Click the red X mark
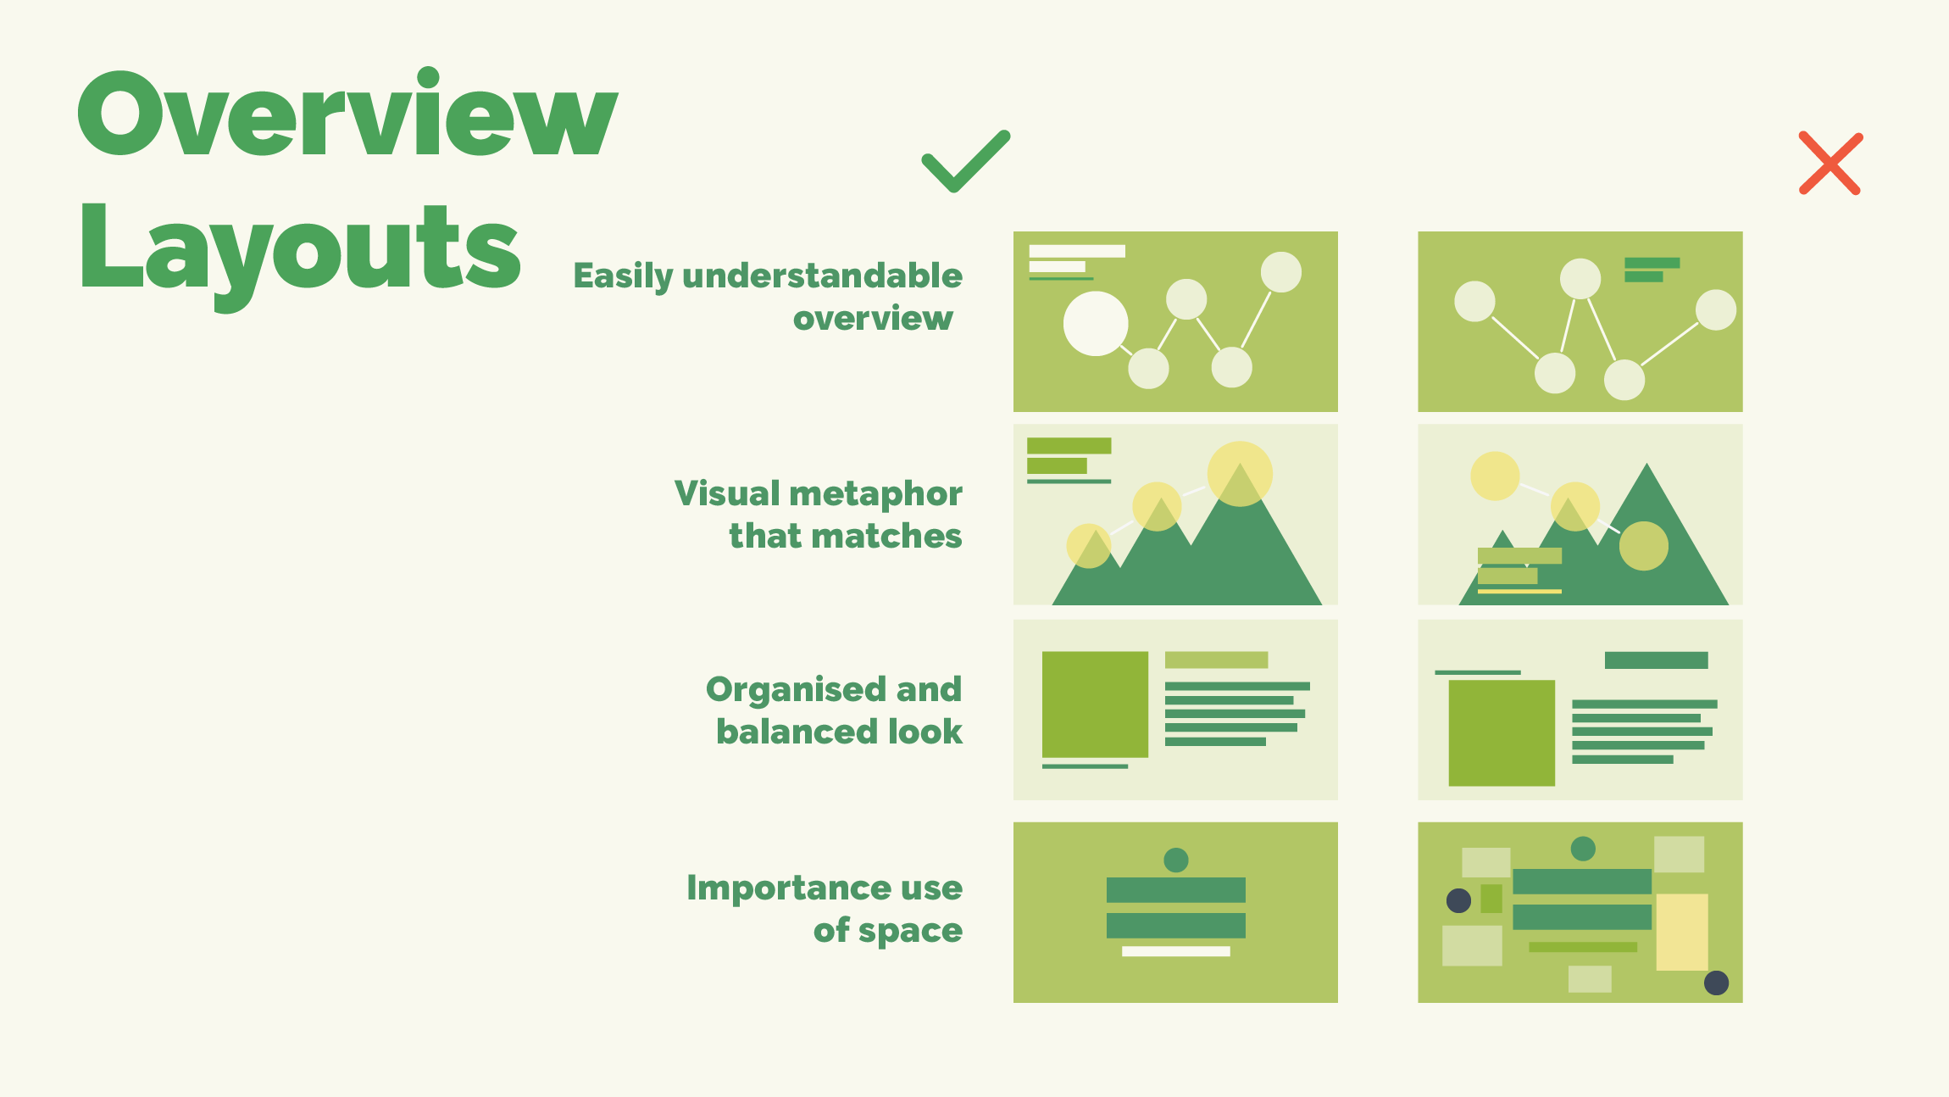pyautogui.click(x=1830, y=164)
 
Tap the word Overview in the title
pyautogui.click(x=348, y=113)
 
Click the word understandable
pyautogui.click(x=822, y=276)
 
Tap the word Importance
pyautogui.click(x=789, y=888)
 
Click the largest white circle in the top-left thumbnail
pyautogui.click(x=1096, y=324)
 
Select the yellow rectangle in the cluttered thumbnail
pyautogui.click(x=1682, y=932)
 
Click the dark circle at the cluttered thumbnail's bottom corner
pyautogui.click(x=1716, y=983)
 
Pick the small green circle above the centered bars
pyautogui.click(x=1176, y=860)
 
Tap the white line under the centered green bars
pyautogui.click(x=1176, y=951)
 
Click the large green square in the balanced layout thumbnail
pyautogui.click(x=1095, y=704)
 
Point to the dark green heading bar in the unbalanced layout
pyautogui.click(x=1657, y=660)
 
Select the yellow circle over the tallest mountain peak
pyautogui.click(x=1240, y=474)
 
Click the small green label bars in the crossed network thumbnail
pyautogui.click(x=1651, y=270)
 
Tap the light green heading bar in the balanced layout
pyautogui.click(x=1217, y=660)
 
